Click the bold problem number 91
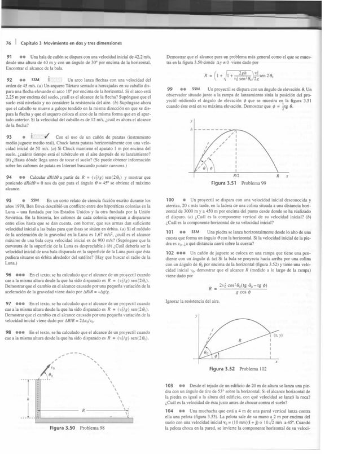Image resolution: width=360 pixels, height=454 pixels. pos(9,58)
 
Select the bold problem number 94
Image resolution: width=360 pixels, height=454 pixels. pos(9,177)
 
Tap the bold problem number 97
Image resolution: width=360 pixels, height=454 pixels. pos(9,303)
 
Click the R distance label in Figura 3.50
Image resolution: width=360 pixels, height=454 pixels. pos(84,410)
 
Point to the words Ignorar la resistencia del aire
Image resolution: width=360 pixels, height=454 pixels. pos(189,302)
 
